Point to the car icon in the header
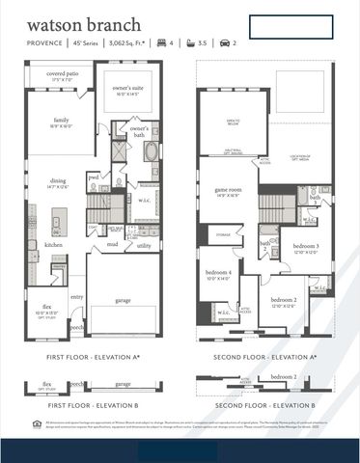[224, 43]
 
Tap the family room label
[61, 123]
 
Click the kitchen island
[56, 226]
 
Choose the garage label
[123, 300]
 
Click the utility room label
[143, 246]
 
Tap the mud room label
[112, 245]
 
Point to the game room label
[228, 191]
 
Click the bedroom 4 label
[217, 273]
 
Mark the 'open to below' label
[233, 122]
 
